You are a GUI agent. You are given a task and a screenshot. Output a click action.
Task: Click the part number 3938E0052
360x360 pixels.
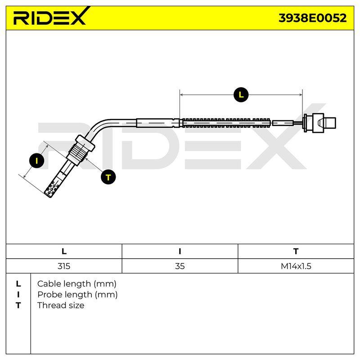312,18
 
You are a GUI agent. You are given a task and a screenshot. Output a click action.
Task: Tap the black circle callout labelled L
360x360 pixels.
241,94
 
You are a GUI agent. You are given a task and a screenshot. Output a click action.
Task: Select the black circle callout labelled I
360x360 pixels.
37,161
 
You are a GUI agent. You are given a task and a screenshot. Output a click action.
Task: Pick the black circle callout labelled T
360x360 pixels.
108,177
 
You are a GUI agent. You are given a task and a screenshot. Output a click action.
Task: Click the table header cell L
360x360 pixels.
64,251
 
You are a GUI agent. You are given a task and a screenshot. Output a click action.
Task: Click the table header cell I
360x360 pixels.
180,251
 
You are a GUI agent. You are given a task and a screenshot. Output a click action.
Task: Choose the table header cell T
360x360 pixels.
296,251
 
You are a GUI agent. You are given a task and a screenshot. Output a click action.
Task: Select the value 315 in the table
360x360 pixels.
64,266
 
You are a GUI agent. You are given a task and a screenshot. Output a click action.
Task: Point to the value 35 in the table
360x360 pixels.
180,266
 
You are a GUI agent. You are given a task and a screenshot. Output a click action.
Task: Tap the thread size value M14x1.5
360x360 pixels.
296,266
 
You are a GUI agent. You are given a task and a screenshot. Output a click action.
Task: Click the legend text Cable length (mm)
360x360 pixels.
76,284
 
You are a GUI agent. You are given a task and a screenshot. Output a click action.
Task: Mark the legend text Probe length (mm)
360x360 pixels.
77,295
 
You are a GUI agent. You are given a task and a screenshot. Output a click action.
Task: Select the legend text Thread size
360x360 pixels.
61,306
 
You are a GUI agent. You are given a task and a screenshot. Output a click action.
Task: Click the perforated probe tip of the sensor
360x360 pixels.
53,187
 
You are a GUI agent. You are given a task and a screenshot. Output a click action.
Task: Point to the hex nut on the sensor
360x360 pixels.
85,143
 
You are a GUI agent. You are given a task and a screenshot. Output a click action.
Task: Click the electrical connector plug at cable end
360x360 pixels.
319,123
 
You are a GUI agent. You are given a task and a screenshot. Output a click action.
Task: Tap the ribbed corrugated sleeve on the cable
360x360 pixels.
226,123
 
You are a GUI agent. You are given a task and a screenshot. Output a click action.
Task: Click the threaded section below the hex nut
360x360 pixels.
77,154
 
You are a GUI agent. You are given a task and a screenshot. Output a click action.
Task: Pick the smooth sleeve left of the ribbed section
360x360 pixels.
157,123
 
